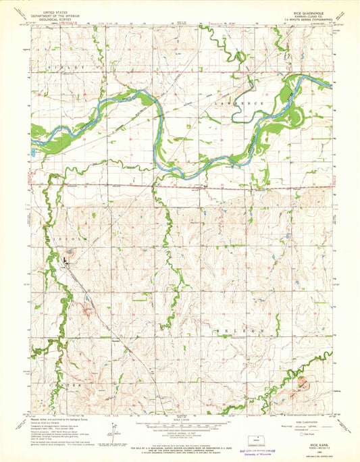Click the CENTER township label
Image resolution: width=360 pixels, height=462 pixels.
(69, 384)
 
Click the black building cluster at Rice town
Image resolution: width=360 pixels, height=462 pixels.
(66, 259)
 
